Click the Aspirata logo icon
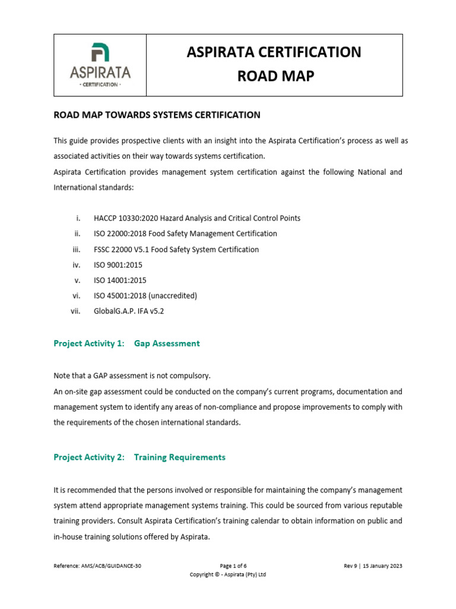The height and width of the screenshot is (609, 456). (x=100, y=54)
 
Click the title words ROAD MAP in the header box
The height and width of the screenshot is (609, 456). (x=274, y=76)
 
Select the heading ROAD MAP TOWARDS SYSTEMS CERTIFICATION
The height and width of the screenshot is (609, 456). (x=157, y=115)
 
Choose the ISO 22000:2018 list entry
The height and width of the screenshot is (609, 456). (x=185, y=234)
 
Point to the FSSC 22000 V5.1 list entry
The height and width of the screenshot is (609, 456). (x=176, y=249)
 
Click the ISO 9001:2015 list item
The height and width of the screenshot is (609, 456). (x=118, y=265)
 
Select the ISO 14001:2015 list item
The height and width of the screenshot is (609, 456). (x=120, y=280)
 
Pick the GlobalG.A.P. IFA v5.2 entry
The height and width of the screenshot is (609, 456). (x=129, y=311)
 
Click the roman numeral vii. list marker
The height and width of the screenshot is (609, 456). (x=75, y=311)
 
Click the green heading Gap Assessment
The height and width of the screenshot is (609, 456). (x=167, y=343)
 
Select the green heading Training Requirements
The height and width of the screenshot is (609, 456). (x=180, y=457)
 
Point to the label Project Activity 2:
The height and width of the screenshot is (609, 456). (x=89, y=457)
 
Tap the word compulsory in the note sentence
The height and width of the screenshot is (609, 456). (x=191, y=376)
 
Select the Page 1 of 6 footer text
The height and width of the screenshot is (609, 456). (x=228, y=566)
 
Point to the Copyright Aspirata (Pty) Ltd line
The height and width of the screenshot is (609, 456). (x=228, y=575)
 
